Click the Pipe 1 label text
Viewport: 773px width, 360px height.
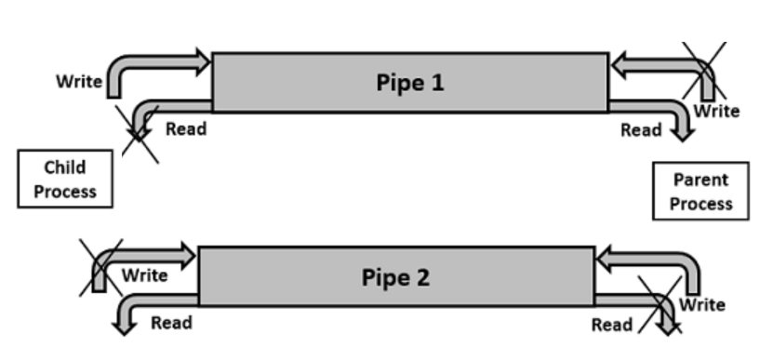click(x=410, y=83)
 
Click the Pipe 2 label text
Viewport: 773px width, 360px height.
click(x=396, y=278)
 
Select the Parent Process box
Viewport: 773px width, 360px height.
click(x=700, y=192)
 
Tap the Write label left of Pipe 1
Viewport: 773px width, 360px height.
click(x=79, y=81)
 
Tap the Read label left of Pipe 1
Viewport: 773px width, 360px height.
click(x=186, y=128)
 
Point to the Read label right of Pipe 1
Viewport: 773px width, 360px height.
click(x=641, y=130)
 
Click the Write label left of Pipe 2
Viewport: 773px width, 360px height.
click(x=145, y=274)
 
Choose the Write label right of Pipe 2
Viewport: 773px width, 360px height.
click(x=701, y=304)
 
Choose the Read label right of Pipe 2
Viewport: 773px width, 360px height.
click(x=612, y=325)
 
